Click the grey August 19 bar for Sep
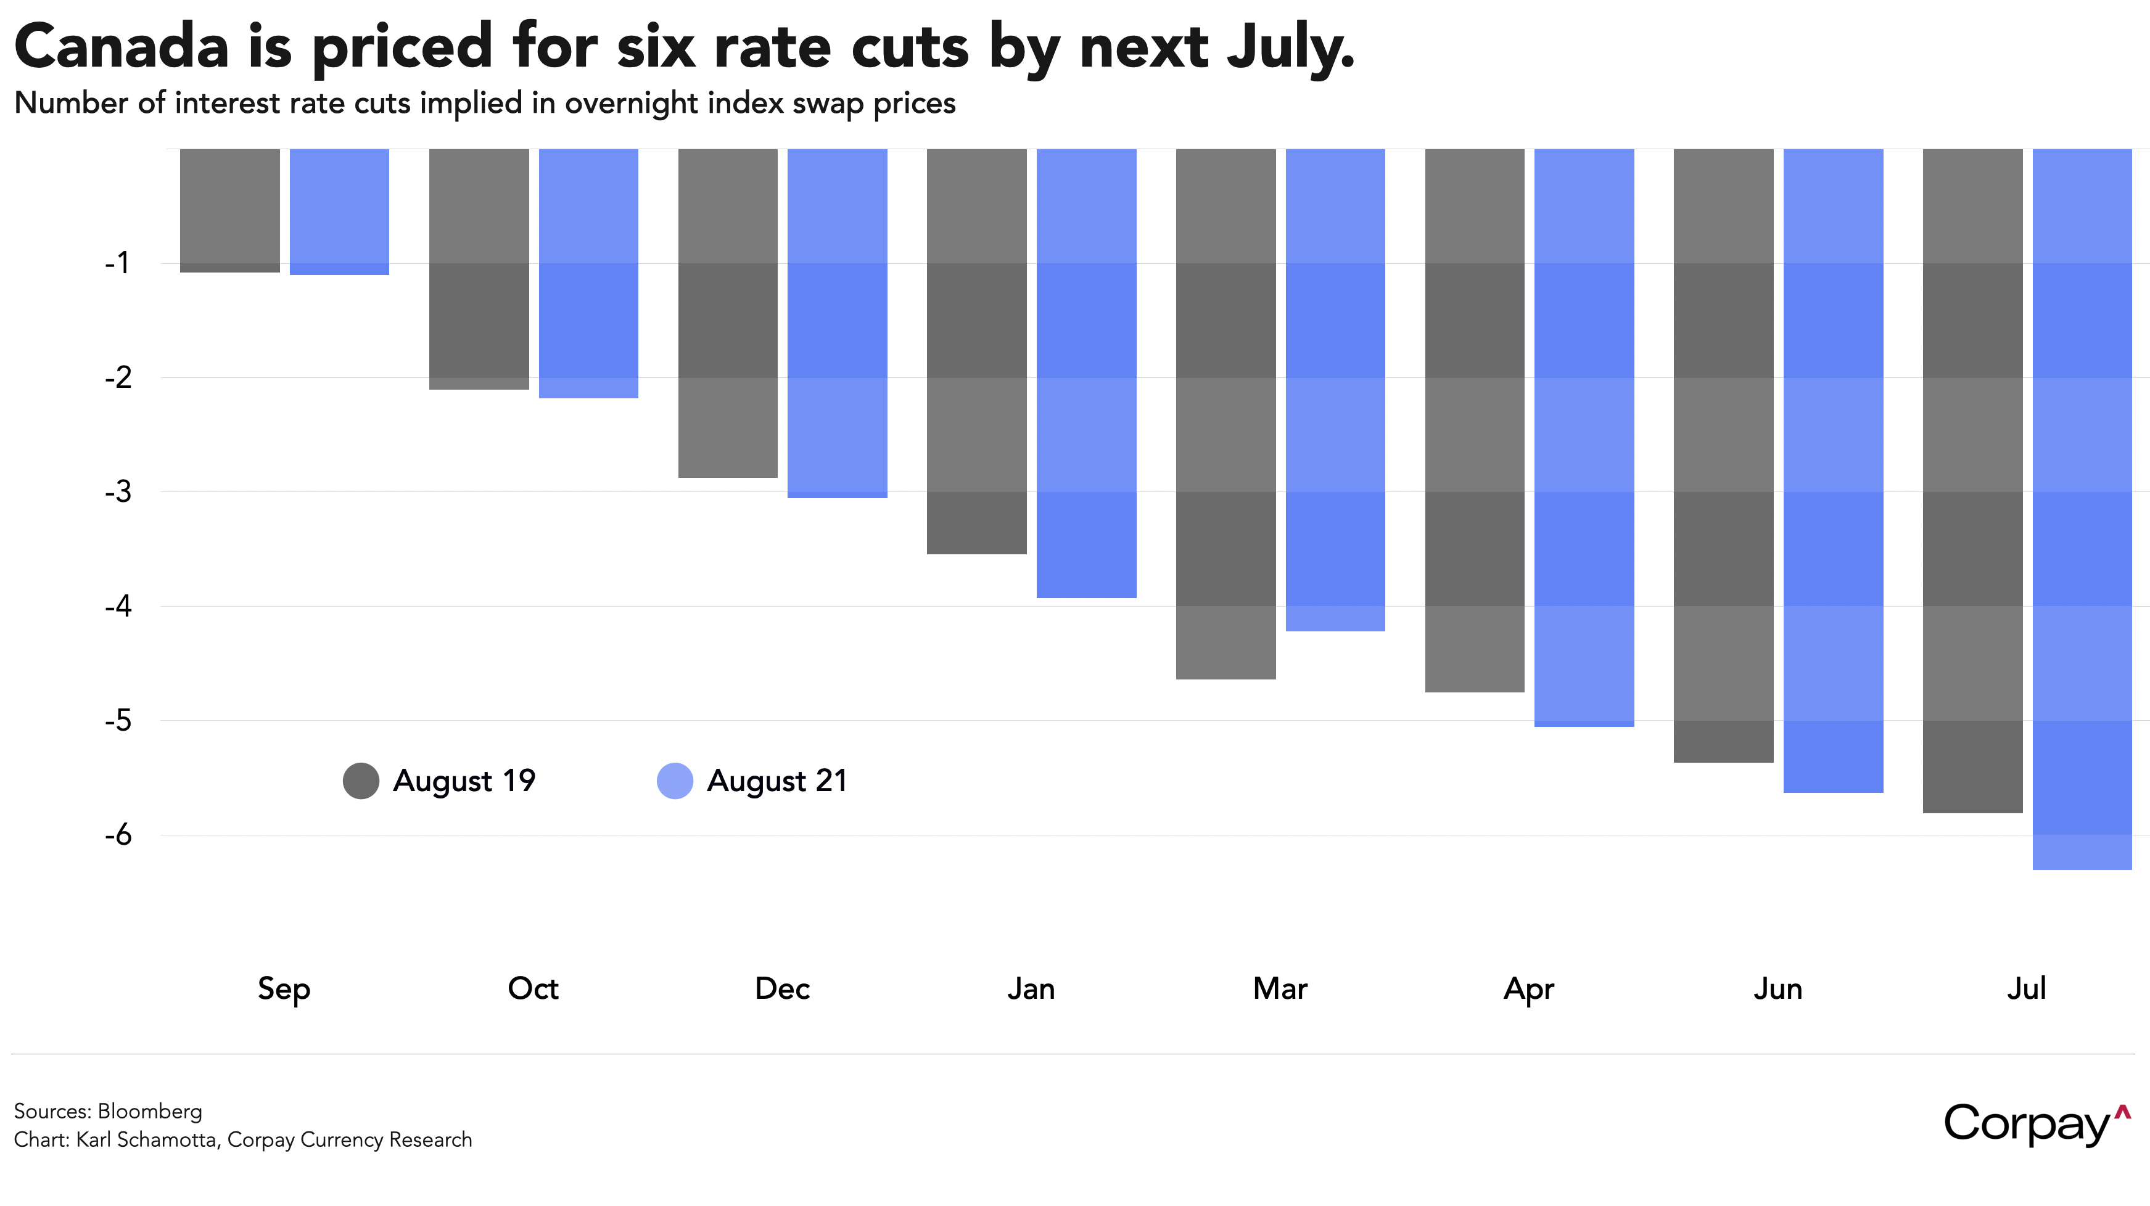(x=229, y=210)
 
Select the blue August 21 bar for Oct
(x=588, y=273)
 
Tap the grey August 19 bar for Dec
(x=728, y=313)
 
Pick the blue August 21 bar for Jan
(x=1086, y=373)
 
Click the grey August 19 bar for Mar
(x=1225, y=414)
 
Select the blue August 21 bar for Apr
(x=1584, y=437)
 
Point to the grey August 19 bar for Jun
(x=1723, y=455)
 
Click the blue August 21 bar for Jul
(x=2082, y=509)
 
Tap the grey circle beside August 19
(x=361, y=781)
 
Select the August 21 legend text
(x=777, y=781)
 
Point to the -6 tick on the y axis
(x=118, y=835)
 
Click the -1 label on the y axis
(x=118, y=263)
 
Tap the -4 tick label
(x=118, y=606)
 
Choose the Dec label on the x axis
(x=782, y=989)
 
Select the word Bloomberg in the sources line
(x=150, y=1112)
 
